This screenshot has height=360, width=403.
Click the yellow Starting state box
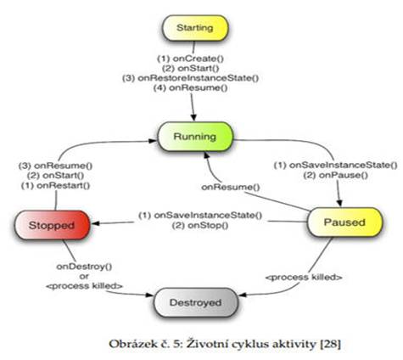(x=195, y=28)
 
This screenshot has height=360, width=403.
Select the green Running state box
(x=195, y=137)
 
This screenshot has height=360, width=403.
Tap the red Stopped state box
(x=52, y=225)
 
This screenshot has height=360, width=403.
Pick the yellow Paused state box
(x=344, y=222)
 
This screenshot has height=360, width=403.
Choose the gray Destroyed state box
(x=196, y=302)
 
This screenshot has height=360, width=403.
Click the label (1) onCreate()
(x=190, y=59)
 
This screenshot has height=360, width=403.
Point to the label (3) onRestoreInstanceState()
(x=190, y=78)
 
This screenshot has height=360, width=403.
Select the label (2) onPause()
(x=336, y=175)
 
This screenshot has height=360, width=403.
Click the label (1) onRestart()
(x=55, y=186)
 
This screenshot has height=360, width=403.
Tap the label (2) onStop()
(x=200, y=225)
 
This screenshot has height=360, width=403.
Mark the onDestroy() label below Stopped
(x=84, y=267)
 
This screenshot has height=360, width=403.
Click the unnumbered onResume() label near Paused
(x=231, y=187)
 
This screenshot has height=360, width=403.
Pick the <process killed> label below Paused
(x=304, y=277)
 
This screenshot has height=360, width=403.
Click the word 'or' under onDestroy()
(x=84, y=276)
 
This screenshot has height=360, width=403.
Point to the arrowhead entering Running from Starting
(x=193, y=117)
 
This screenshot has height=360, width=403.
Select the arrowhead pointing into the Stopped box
(x=96, y=223)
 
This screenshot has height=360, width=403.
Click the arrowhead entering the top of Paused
(x=339, y=203)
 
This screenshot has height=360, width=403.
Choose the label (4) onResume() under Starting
(x=190, y=87)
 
